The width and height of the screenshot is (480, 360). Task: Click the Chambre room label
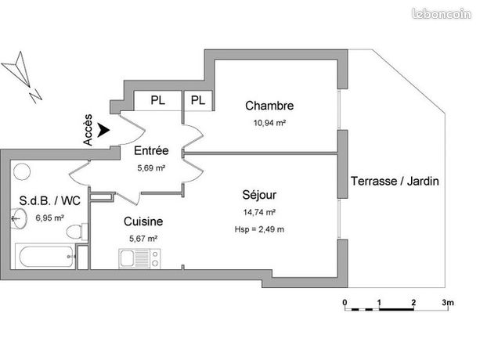click(269, 106)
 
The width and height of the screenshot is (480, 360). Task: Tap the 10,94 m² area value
click(269, 124)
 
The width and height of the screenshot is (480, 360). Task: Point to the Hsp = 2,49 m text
click(259, 229)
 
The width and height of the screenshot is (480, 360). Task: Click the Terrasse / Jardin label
click(394, 181)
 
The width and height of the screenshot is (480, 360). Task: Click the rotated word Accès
click(88, 130)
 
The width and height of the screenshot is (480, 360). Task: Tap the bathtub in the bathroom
click(45, 255)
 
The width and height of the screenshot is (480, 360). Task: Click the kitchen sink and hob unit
click(139, 257)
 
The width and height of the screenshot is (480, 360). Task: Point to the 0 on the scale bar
click(344, 302)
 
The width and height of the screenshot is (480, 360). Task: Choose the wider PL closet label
click(157, 100)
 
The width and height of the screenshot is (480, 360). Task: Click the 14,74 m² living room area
click(259, 212)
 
